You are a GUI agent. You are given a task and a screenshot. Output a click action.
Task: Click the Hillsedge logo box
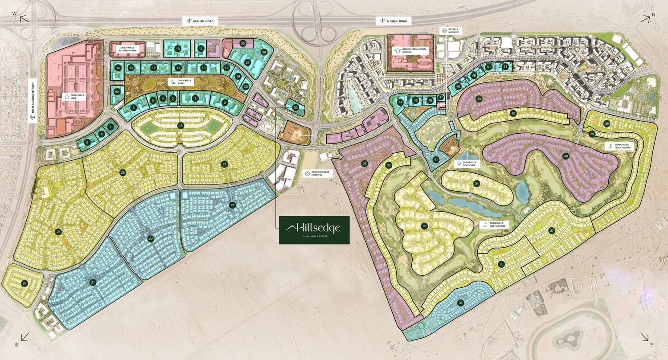pos(314,230)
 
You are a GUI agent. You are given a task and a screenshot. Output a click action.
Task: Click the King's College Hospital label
pos(314,174)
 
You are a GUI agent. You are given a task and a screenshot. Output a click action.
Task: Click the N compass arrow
pos(645,18)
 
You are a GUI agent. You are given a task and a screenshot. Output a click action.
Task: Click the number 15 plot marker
pos(180,126)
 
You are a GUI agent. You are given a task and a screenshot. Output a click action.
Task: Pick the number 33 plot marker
pos(424,226)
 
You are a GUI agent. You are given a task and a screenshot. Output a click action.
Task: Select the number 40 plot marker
pos(566,156)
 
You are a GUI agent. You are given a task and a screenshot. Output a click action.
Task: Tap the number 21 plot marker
pos(93,282)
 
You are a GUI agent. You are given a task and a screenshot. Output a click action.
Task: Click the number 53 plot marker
pos(295,107)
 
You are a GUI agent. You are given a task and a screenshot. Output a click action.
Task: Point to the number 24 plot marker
pos(25,283)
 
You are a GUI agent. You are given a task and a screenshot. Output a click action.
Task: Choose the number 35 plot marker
pos(460,303)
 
